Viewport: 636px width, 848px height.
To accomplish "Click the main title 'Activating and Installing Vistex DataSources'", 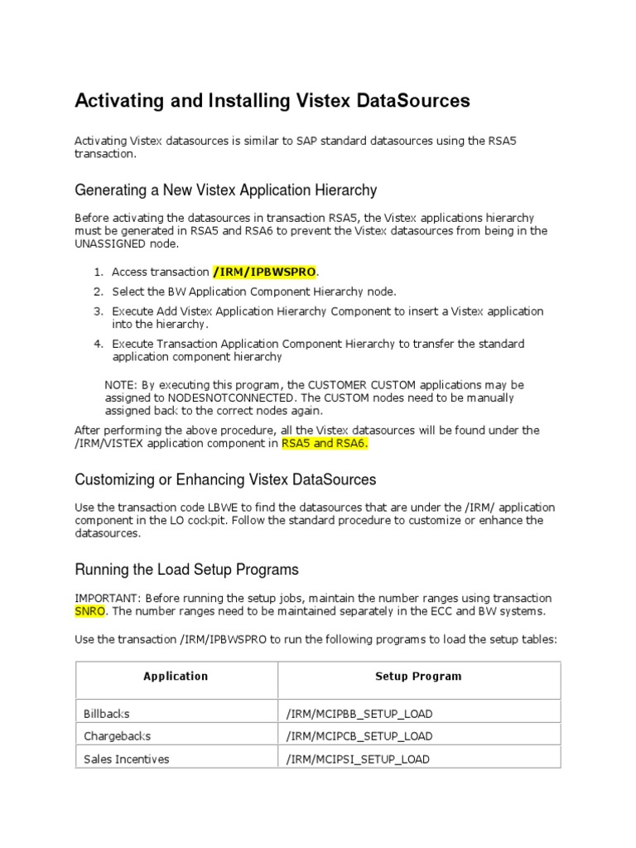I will (x=272, y=101).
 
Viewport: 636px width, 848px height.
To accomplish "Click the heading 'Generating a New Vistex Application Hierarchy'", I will (x=225, y=190).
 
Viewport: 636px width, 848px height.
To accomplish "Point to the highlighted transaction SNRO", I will (x=89, y=612).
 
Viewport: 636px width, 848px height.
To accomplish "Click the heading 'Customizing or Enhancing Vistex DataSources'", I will (x=225, y=479).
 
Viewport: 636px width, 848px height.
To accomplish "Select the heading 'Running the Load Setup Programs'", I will (x=186, y=570).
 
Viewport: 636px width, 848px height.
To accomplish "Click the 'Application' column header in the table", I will (x=176, y=677).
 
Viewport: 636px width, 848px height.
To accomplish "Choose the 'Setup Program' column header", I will (x=418, y=677).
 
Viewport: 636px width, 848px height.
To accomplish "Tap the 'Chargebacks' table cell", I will (x=117, y=736).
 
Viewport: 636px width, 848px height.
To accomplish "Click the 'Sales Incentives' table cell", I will (x=126, y=759).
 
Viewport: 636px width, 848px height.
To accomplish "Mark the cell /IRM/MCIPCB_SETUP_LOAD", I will (x=359, y=736).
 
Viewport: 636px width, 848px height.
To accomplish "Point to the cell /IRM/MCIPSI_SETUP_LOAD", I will (x=358, y=759).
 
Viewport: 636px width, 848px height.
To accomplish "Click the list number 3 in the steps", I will (x=97, y=311).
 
